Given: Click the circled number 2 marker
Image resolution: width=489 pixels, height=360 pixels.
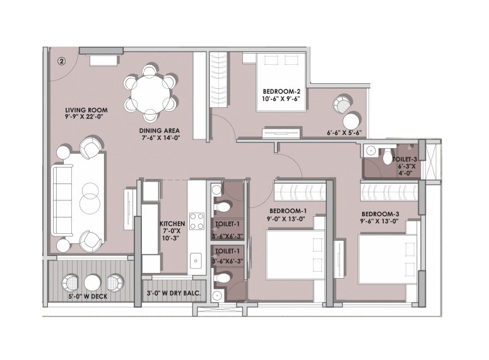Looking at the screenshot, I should pos(61,61).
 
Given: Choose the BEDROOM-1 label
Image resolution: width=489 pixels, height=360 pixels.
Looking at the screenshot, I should pos(287,211).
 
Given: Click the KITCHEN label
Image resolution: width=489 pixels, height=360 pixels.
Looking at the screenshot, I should pos(171,224).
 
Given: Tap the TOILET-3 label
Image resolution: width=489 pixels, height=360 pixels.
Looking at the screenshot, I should pos(404,160).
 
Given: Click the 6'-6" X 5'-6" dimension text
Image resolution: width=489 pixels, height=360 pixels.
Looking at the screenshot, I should pos(345,134).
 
